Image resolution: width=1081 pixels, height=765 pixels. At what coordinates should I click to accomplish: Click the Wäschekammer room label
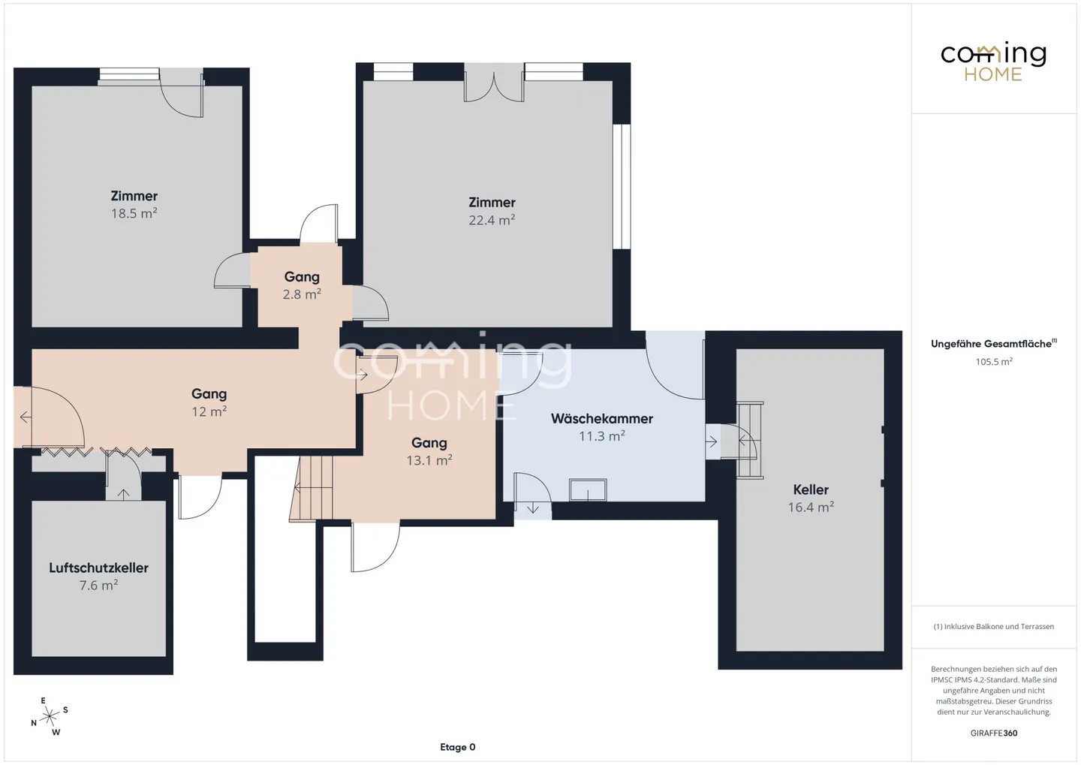[x=602, y=418]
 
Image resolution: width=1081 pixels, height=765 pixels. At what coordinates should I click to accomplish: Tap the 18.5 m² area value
[x=134, y=213]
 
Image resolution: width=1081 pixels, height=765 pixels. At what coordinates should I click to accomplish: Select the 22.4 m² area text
[x=492, y=220]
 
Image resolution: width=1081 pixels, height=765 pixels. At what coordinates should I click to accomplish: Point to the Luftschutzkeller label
[x=98, y=568]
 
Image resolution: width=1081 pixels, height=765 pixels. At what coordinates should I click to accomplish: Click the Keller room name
[x=811, y=489]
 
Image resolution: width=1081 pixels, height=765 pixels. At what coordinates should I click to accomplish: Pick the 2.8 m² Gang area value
[x=302, y=294]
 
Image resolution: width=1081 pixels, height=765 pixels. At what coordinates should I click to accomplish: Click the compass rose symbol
[x=50, y=717]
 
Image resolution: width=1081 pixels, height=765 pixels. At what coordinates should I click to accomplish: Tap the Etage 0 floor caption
[x=457, y=747]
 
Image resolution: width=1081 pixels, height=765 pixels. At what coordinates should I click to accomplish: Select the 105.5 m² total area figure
[x=994, y=362]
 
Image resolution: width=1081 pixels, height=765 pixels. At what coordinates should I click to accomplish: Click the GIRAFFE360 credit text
[x=994, y=733]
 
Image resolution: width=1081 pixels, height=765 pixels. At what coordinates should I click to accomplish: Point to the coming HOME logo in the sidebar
[x=993, y=62]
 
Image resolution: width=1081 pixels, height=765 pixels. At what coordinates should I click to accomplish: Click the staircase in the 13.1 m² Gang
[x=312, y=488]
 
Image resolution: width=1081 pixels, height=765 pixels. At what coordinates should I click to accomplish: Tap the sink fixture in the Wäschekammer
[x=588, y=490]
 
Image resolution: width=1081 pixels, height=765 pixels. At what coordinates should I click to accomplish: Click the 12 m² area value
[x=209, y=411]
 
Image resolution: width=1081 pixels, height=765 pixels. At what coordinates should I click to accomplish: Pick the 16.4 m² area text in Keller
[x=811, y=507]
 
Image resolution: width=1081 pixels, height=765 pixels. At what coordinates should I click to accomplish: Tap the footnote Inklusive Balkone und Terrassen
[x=994, y=626]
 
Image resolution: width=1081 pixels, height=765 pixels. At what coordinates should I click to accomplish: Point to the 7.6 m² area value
[x=98, y=586]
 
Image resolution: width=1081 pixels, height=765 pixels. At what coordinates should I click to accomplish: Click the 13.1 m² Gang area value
[x=429, y=460]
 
